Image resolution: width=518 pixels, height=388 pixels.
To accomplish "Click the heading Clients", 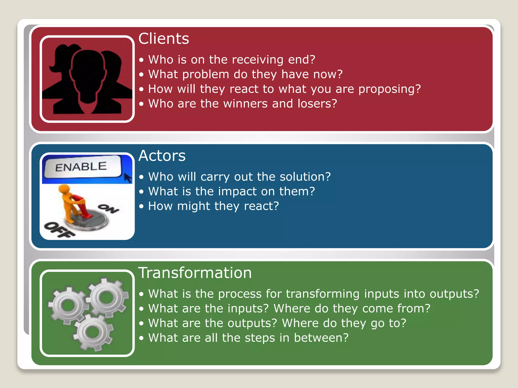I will [164, 39].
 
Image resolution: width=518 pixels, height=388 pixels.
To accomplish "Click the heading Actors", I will [162, 156].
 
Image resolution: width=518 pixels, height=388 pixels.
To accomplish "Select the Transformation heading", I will [195, 273].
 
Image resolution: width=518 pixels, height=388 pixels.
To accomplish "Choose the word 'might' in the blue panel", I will [193, 206].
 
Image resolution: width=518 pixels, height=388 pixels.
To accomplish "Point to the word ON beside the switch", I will [108, 208].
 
